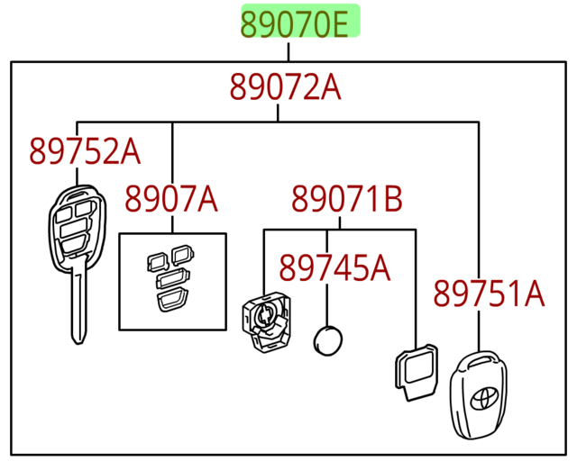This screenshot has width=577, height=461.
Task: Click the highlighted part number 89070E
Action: (299, 23)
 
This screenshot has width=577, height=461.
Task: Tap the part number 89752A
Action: (85, 151)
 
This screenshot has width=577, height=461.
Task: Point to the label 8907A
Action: (170, 198)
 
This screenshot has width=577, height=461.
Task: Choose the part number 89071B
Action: (346, 198)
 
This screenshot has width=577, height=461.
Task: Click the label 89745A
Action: (334, 267)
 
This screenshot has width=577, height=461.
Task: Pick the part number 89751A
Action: (490, 293)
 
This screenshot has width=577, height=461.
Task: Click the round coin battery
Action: (327, 341)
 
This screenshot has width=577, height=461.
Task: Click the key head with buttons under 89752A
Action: (75, 225)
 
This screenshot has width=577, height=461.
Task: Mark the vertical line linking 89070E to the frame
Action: (288, 50)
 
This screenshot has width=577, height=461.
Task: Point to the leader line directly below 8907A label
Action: (172, 224)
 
